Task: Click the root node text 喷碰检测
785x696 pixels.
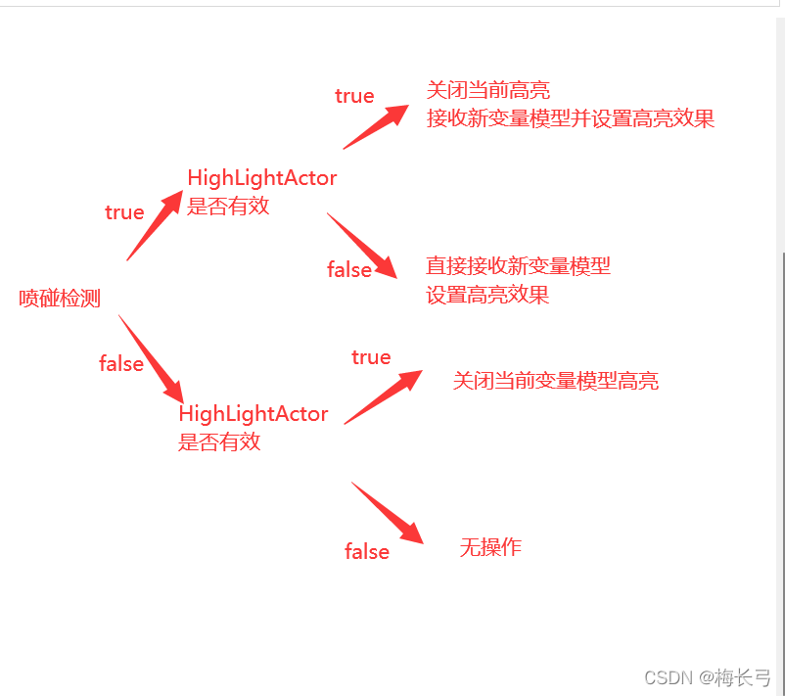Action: point(60,299)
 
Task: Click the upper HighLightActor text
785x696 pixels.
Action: point(261,178)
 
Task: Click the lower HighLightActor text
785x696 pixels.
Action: point(253,414)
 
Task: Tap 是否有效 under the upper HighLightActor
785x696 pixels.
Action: point(228,207)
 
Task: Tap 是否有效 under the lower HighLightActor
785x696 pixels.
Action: point(219,441)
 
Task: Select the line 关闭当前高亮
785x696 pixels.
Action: point(487,91)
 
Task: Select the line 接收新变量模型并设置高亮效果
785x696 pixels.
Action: point(570,119)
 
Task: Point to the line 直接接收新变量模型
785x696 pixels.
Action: point(518,265)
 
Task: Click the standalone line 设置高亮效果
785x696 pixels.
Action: point(487,295)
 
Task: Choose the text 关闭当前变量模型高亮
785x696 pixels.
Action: point(555,381)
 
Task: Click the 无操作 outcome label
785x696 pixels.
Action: point(490,547)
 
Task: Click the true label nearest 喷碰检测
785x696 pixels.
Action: point(124,212)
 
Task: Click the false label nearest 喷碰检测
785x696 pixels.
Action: point(121,364)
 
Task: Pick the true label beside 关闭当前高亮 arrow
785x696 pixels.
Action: point(354,96)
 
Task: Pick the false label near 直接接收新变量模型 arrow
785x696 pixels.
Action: point(349,270)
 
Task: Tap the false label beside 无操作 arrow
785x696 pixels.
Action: point(367,552)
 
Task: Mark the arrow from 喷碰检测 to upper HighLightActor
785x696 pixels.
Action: point(156,224)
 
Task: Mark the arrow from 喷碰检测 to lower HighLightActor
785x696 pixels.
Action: point(151,358)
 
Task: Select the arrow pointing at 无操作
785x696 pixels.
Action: point(388,513)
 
